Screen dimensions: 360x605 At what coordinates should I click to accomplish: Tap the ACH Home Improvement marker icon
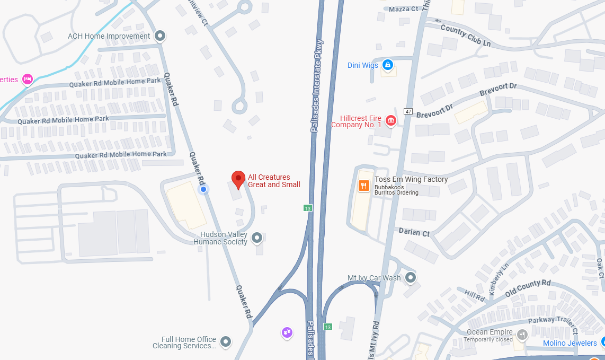160,37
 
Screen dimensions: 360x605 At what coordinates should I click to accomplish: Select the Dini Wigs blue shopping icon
388,65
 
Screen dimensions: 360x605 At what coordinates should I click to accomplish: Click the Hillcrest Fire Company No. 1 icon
391,120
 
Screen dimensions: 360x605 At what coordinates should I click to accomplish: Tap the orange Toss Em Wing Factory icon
363,185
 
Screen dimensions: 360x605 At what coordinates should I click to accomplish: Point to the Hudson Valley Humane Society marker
257,238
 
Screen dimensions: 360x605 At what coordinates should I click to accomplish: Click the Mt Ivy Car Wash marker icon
410,277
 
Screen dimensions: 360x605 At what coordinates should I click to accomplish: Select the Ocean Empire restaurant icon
522,335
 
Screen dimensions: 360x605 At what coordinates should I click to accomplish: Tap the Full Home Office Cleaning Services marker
226,342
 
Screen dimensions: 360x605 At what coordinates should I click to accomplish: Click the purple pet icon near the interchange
287,332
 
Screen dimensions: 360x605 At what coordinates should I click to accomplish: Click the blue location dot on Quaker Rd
202,189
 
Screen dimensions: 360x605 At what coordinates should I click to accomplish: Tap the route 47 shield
407,111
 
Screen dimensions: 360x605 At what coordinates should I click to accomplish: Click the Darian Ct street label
414,232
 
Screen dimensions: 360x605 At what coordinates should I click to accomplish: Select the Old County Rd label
528,288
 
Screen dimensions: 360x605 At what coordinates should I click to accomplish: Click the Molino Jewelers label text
570,343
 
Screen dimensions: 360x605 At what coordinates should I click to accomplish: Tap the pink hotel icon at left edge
28,80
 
